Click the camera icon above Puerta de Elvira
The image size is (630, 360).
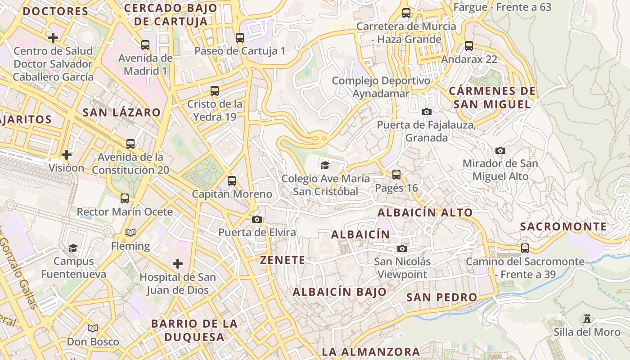pyautogui.click(x=257, y=220)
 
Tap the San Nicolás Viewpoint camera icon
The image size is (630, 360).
pyautogui.click(x=402, y=248)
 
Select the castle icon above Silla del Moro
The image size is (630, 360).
pyautogui.click(x=587, y=319)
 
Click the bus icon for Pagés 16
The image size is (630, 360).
pyautogui.click(x=396, y=175)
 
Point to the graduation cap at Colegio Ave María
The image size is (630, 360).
pyautogui.click(x=325, y=165)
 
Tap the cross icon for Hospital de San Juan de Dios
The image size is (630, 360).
pyautogui.click(x=178, y=263)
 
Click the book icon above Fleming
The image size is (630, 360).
pyautogui.click(x=130, y=233)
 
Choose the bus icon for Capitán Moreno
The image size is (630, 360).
pyautogui.click(x=232, y=181)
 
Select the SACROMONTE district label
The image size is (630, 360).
pyautogui.click(x=563, y=227)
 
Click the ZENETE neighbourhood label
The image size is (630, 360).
pyautogui.click(x=283, y=260)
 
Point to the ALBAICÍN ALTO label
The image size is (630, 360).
pyautogui.click(x=425, y=213)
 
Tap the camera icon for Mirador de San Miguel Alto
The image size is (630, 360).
pyautogui.click(x=500, y=150)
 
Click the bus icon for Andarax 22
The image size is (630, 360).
pyautogui.click(x=469, y=45)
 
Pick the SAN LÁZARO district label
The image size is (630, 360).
pyautogui.click(x=121, y=112)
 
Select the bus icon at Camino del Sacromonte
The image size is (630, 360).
pyautogui.click(x=525, y=248)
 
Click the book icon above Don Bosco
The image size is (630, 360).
pyautogui.click(x=93, y=328)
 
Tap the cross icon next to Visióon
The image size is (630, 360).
pyautogui.click(x=67, y=155)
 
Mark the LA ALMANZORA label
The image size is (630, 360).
pyautogui.click(x=371, y=351)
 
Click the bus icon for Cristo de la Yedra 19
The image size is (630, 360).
pyautogui.click(x=215, y=91)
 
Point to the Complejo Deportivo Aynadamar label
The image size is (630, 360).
pyautogui.click(x=381, y=87)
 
